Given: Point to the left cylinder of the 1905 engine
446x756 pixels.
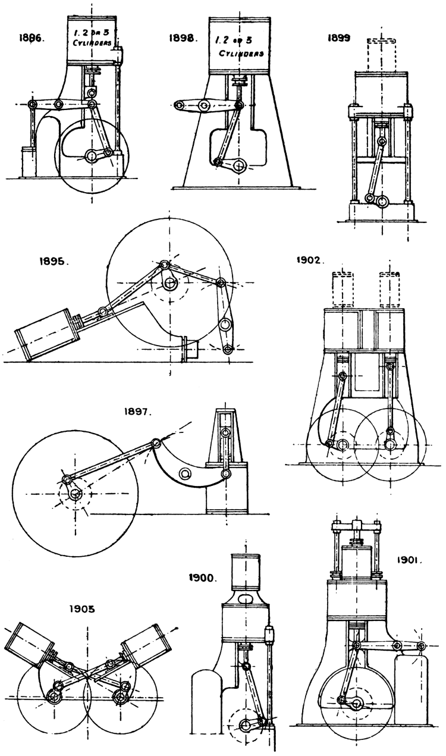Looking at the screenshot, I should coord(29,641).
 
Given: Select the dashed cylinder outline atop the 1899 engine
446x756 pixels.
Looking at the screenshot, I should coord(381,52).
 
